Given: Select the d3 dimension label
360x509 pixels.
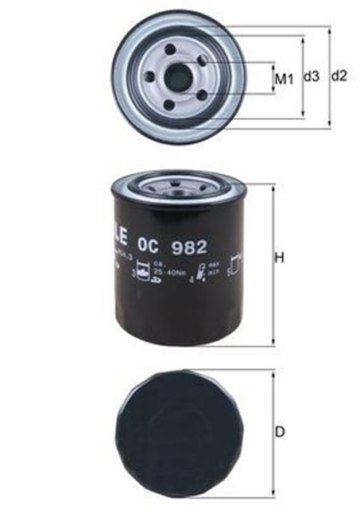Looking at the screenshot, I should coord(312,77).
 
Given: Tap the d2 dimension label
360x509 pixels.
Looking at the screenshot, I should coord(339,76).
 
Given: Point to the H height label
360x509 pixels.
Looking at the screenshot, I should coord(280,258).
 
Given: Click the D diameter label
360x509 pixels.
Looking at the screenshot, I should coord(280,432).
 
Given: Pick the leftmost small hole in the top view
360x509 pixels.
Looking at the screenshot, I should coord(149,78).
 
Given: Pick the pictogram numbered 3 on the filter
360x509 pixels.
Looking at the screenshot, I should coord(144,274).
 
